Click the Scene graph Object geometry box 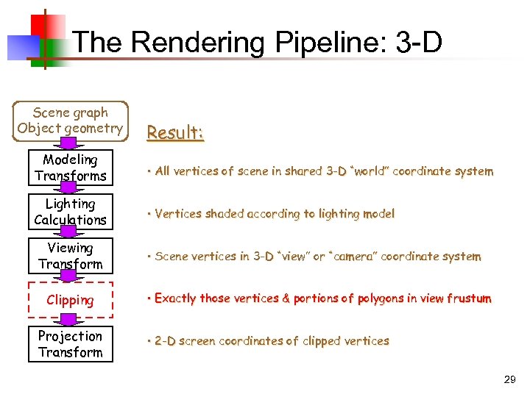click(x=71, y=121)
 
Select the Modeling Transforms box click(x=71, y=168)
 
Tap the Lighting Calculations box click(x=71, y=212)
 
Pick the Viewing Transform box click(x=71, y=256)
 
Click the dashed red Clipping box click(x=71, y=300)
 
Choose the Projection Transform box click(x=71, y=344)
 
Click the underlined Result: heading click(x=175, y=133)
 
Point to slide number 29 click(x=509, y=379)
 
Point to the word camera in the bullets click(x=355, y=257)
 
